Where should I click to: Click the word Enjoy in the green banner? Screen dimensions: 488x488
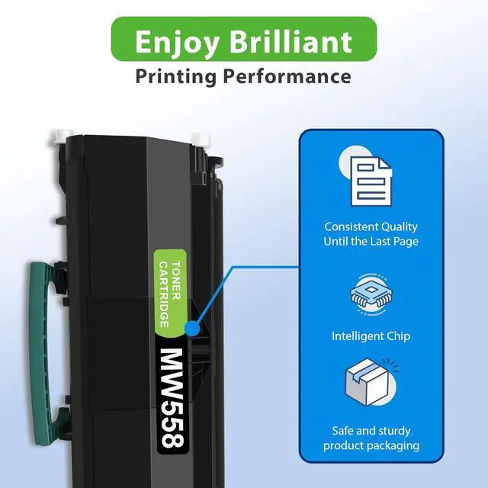coord(170,41)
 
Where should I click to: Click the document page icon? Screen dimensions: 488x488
coord(371,177)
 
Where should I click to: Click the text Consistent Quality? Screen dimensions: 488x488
coord(371,226)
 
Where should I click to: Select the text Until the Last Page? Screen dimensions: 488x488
coord(371,242)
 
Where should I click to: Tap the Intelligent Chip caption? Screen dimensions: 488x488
coord(371,335)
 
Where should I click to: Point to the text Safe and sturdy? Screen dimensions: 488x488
coord(371,430)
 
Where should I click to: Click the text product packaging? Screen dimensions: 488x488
coord(371,445)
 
